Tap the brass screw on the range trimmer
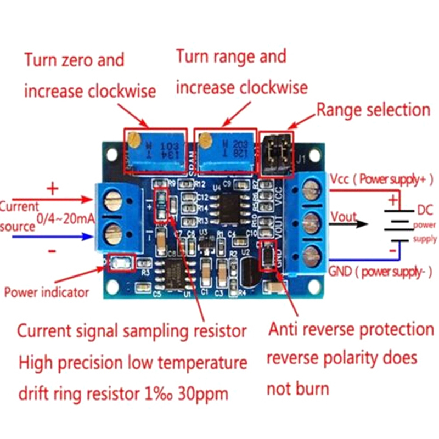(204, 141)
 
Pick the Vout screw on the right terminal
(311, 222)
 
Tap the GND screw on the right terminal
(311, 254)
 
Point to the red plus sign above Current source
(53, 189)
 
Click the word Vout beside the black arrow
(343, 217)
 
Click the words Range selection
(373, 110)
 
